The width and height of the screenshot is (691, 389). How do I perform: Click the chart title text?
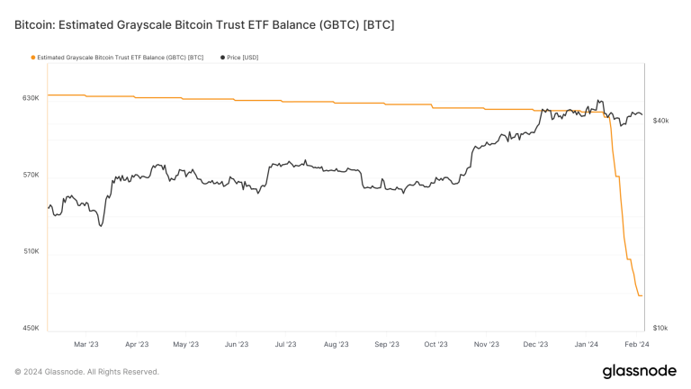tap(204, 24)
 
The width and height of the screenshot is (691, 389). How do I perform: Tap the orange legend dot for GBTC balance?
tap(33, 58)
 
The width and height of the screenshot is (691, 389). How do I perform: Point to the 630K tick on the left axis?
tap(31, 97)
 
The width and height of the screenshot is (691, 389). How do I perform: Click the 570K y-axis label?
tap(31, 175)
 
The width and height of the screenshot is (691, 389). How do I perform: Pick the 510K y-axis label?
tap(31, 251)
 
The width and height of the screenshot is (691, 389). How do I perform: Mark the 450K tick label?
tap(31, 328)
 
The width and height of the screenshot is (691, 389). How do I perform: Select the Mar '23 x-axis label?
tap(85, 344)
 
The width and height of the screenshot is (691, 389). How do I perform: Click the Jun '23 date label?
tap(236, 344)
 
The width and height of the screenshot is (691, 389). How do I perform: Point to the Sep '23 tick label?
tap(385, 344)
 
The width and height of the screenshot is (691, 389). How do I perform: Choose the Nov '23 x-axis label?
tap(486, 344)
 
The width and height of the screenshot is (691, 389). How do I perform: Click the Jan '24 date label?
tap(587, 344)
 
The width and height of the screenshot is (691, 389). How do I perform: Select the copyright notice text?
tap(87, 371)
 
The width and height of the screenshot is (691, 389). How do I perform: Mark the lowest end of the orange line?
tap(641, 295)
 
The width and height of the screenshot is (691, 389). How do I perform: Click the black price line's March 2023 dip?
tap(101, 225)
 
